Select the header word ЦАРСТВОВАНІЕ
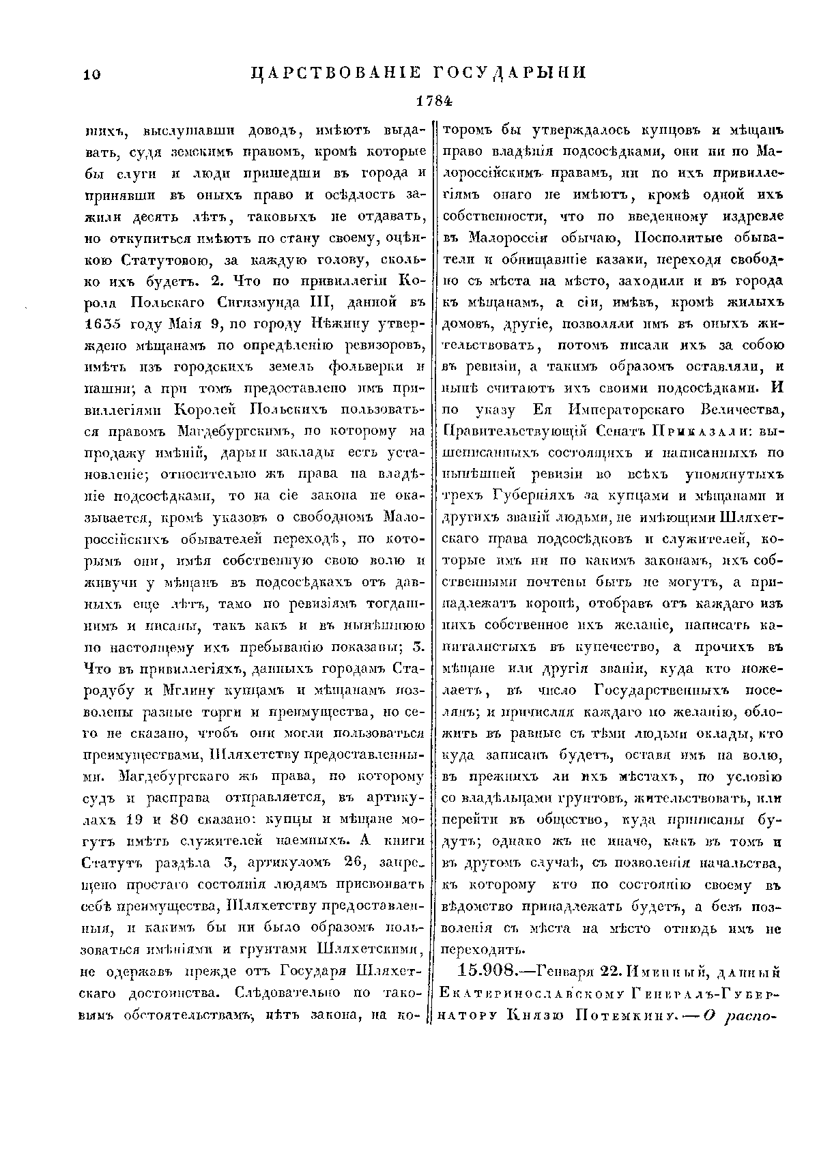pos(334,73)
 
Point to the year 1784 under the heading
pos(435,101)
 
